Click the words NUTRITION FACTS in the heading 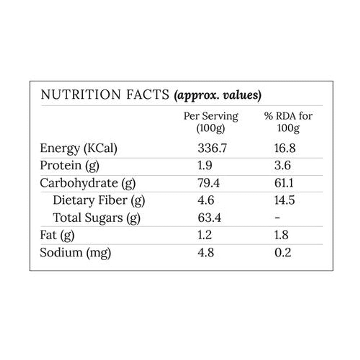point(105,95)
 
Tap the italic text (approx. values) point(217,95)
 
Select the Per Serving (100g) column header point(211,122)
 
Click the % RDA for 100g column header point(288,122)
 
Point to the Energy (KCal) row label point(79,149)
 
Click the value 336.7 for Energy point(212,148)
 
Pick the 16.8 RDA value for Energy point(285,148)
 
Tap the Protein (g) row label point(70,166)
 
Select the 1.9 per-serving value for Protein point(205,166)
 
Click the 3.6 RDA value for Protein point(283,166)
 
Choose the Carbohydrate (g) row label point(88,183)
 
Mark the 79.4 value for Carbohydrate point(208,183)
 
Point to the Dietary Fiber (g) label point(99,200)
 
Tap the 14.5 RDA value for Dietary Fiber point(285,200)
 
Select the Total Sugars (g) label point(97,218)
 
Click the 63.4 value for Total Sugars point(209,218)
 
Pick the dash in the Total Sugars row point(277,218)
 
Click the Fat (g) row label point(57,235)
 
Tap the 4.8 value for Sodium point(206,252)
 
